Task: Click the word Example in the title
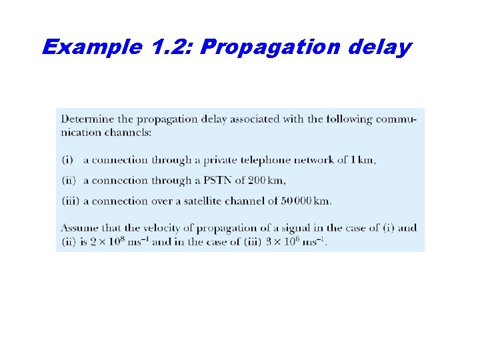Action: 90,47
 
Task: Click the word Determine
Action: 88,119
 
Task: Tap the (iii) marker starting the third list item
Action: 70,201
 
